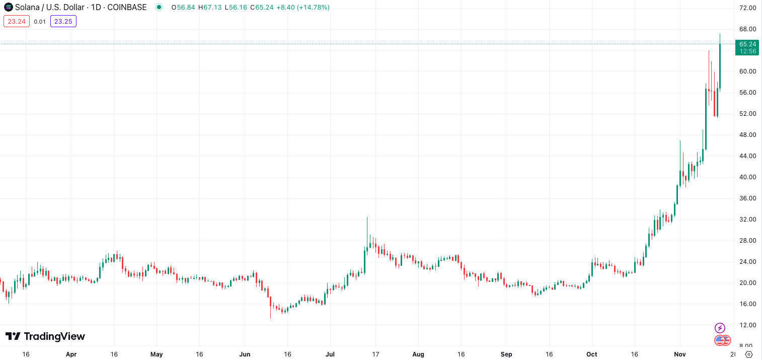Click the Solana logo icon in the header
8,7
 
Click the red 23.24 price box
17,21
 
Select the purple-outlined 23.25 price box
63,21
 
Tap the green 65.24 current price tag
747,44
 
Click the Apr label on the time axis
71,354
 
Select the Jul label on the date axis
331,354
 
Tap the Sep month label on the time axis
506,354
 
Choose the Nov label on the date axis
680,354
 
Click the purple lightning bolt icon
720,328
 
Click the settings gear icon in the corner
748,354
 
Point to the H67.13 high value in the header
210,8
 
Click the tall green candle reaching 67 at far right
720,65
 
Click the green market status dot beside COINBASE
159,7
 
